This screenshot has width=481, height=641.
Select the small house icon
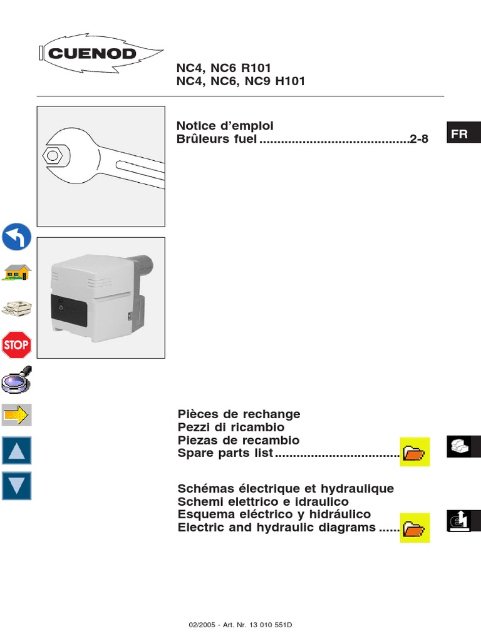(17, 272)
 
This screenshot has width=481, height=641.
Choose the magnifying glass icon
(17, 379)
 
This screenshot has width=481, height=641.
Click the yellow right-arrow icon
(17, 414)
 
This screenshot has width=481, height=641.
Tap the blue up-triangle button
(17, 451)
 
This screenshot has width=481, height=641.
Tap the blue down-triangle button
(17, 486)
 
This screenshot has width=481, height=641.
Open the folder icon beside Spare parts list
(415, 452)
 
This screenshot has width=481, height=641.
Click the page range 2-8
(419, 139)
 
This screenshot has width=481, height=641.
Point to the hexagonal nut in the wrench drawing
(53, 154)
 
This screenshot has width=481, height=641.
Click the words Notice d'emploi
(225, 126)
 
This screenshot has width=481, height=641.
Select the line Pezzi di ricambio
(232, 427)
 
